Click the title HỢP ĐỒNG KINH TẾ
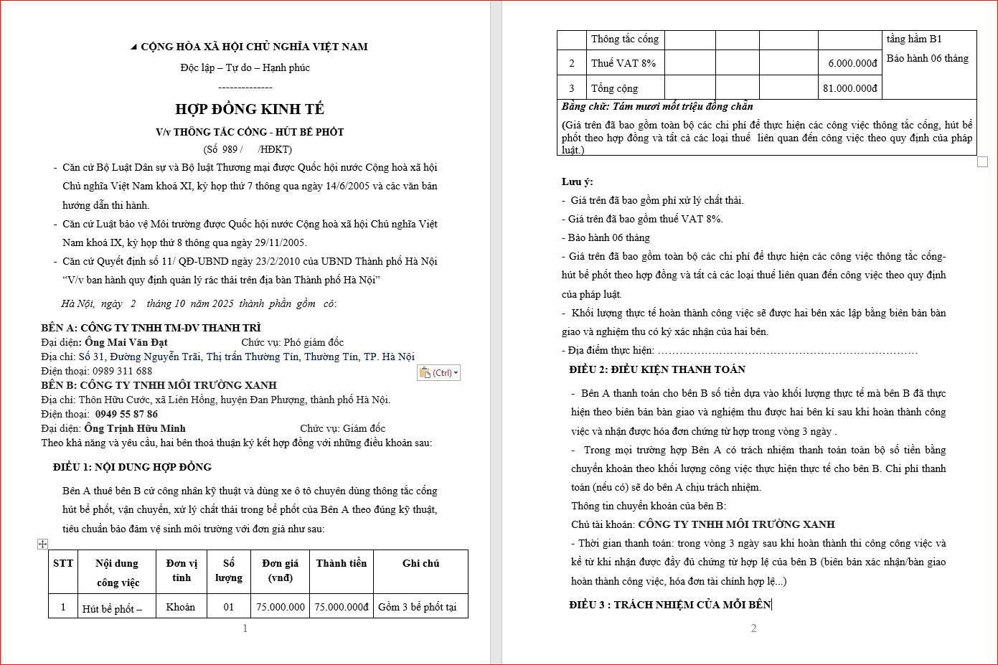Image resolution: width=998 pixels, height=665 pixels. pos(250,109)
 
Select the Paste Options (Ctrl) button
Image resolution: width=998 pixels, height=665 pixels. pos(438,373)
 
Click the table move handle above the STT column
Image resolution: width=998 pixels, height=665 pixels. pos(42,544)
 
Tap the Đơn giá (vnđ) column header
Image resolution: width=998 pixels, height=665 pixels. pos(280,570)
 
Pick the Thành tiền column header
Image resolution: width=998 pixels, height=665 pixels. pos(342,564)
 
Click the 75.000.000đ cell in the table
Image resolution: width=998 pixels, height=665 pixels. pos(342,607)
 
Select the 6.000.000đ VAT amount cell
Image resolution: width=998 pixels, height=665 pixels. pos(852,63)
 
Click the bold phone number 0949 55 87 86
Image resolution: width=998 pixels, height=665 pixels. pos(126,414)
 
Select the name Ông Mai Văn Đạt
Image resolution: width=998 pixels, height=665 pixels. pos(126,342)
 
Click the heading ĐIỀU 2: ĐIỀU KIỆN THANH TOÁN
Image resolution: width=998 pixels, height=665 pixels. pos(657,369)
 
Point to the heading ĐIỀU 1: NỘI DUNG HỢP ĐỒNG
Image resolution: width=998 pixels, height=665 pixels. pos(132,467)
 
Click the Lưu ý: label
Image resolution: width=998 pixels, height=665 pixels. pos(578,181)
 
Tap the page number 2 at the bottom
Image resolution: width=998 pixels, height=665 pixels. pos(753,628)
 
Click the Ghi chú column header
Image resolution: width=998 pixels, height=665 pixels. pos(420,564)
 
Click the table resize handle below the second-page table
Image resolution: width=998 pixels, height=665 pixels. pos(983,162)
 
